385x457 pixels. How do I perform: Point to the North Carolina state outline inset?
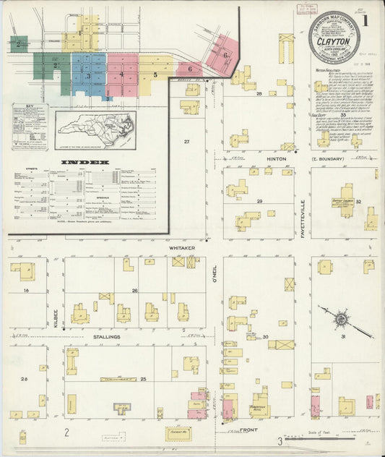tap(95, 131)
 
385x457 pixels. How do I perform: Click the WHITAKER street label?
tap(183, 247)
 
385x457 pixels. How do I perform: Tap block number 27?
tap(186, 142)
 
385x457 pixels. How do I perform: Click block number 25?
tap(143, 379)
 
